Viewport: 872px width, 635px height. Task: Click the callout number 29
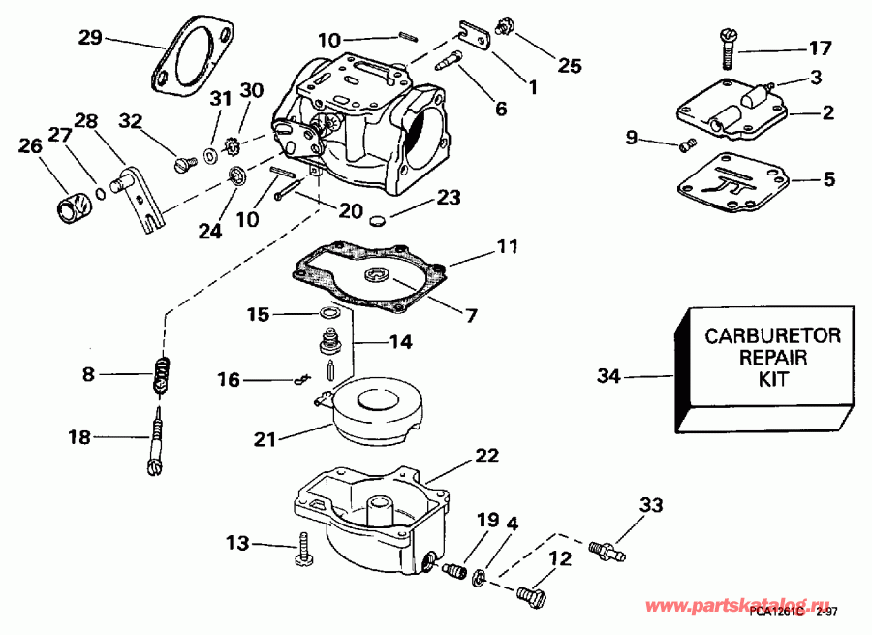pos(90,39)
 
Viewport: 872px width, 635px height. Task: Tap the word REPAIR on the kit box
pos(772,359)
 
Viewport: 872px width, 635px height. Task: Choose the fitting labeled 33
pos(607,549)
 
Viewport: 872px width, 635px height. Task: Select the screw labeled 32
pos(182,164)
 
